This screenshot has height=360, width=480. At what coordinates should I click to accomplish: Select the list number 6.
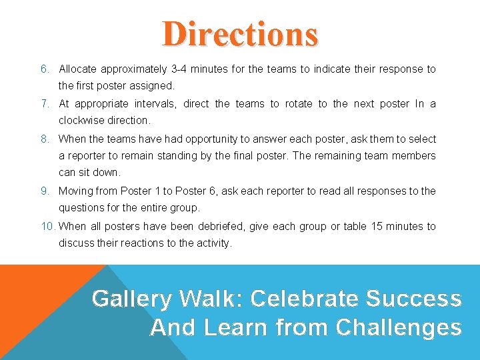click(x=44, y=69)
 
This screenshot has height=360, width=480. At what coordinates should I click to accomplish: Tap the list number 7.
click(x=44, y=104)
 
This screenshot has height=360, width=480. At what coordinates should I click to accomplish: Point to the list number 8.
click(x=44, y=139)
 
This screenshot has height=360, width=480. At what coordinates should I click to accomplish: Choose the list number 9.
click(x=44, y=191)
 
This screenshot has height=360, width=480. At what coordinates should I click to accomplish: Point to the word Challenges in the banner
click(x=399, y=328)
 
